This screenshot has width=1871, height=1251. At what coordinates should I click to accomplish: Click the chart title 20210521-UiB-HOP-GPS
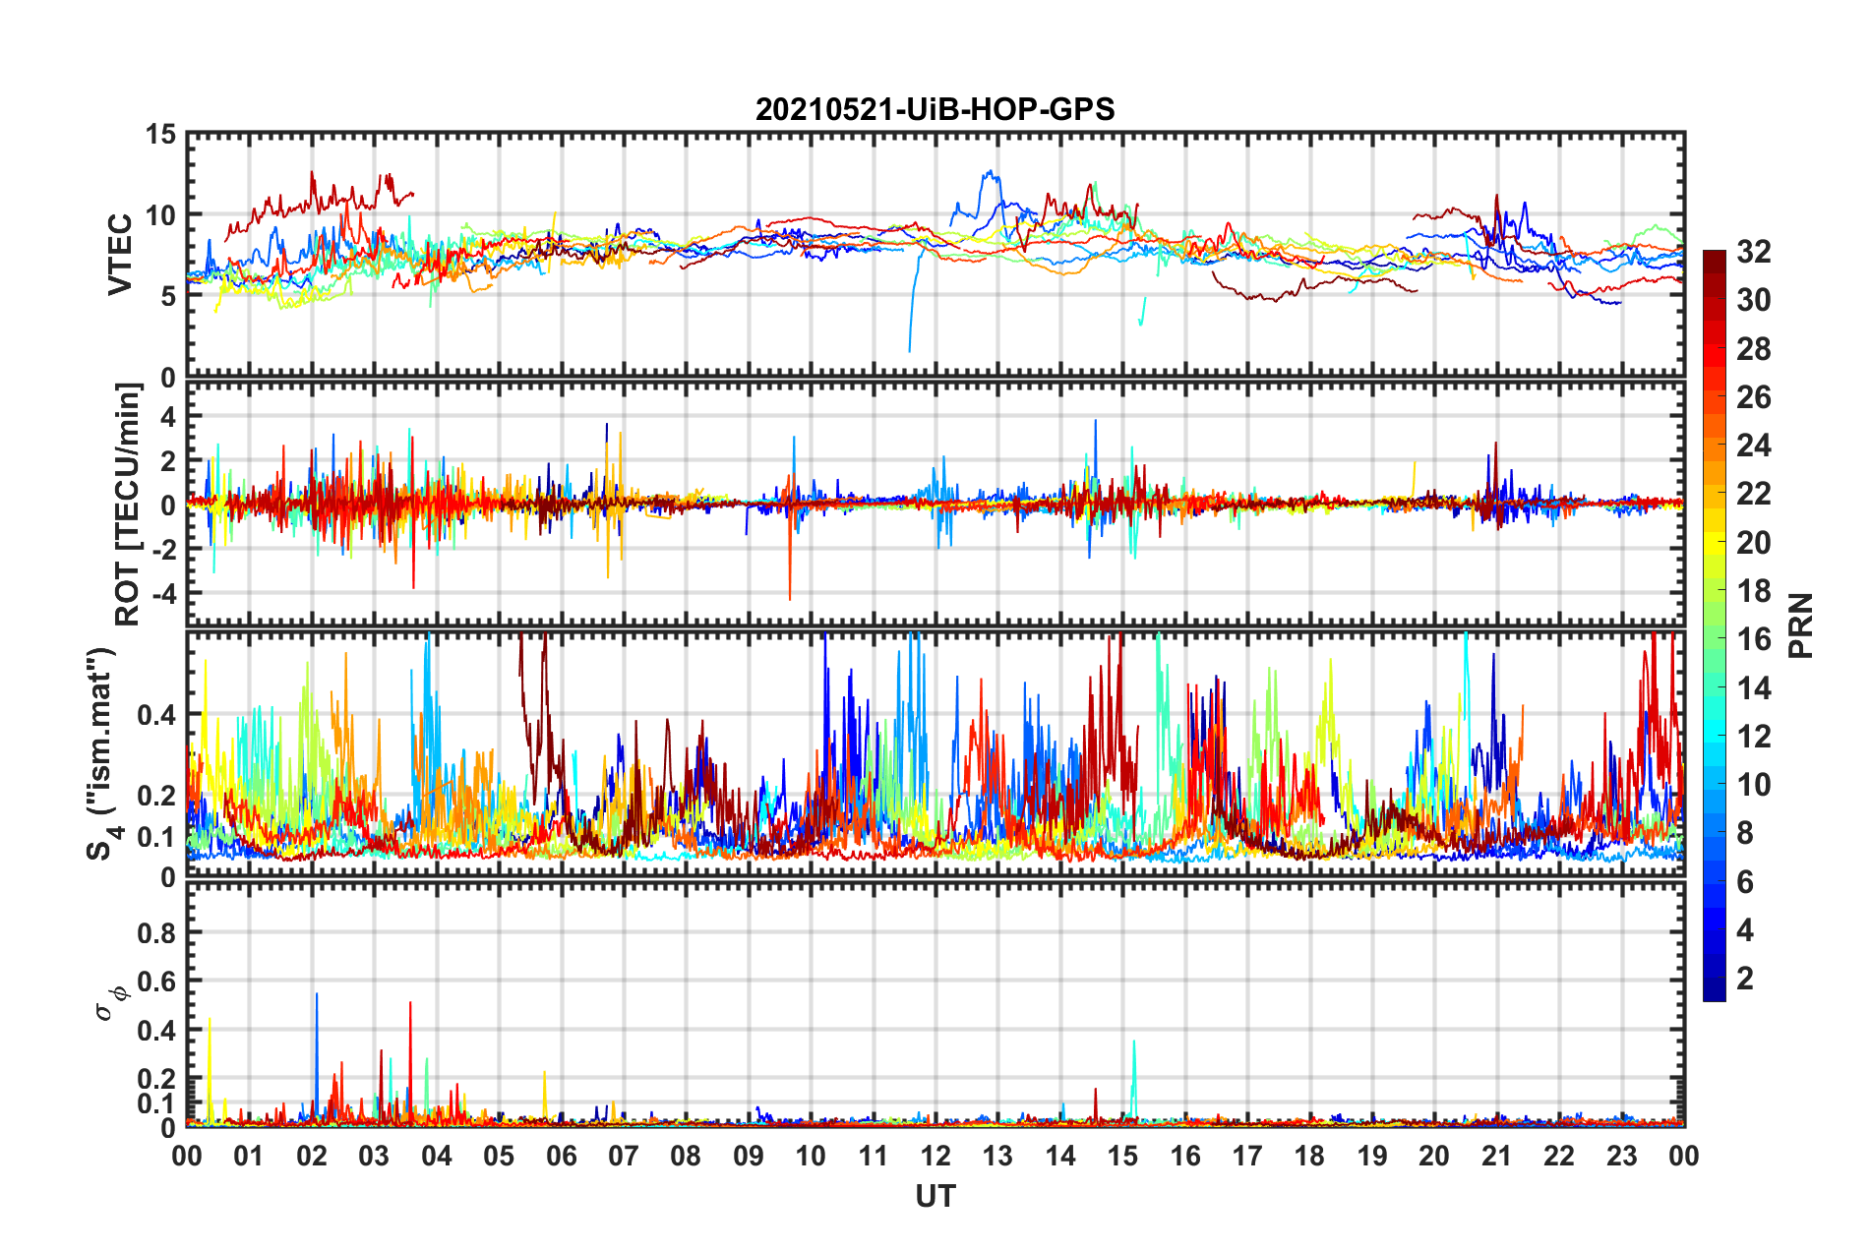[x=935, y=109]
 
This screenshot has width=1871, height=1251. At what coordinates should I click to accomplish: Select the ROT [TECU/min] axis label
[x=128, y=505]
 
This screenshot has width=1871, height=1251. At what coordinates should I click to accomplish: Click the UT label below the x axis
[x=935, y=1196]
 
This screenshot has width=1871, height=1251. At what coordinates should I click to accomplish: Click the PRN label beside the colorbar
[x=1800, y=625]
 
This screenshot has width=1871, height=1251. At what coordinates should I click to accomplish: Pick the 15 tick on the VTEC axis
[x=159, y=134]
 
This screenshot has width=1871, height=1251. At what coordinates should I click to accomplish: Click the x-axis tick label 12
[x=935, y=1156]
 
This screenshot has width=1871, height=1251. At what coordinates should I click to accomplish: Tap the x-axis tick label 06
[x=561, y=1156]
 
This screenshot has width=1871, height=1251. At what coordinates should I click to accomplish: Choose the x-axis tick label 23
[x=1621, y=1156]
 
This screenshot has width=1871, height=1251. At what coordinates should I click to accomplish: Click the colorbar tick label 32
[x=1754, y=252]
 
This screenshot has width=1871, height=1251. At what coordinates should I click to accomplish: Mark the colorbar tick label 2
[x=1745, y=979]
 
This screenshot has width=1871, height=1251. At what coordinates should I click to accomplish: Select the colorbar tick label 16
[x=1754, y=639]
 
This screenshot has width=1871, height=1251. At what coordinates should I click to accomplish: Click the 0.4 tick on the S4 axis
[x=157, y=715]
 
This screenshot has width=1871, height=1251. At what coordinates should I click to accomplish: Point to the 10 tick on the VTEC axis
[x=161, y=215]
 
